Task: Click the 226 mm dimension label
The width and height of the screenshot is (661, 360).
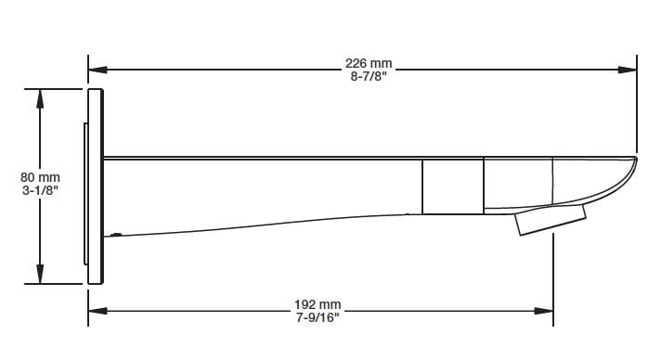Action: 369,63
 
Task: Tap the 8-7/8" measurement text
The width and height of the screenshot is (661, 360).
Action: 369,76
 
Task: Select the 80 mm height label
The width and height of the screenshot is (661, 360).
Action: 40,177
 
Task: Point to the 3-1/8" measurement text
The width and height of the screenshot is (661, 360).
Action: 40,190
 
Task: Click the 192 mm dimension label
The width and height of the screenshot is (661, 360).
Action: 318,304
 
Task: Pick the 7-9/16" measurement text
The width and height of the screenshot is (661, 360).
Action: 318,317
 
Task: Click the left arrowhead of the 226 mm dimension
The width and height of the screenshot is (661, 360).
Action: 97,70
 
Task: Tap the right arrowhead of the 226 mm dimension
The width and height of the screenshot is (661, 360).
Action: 628,70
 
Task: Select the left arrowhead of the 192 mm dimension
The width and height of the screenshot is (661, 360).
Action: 97,311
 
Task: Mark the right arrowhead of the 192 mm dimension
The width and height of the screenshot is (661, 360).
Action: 544,311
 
